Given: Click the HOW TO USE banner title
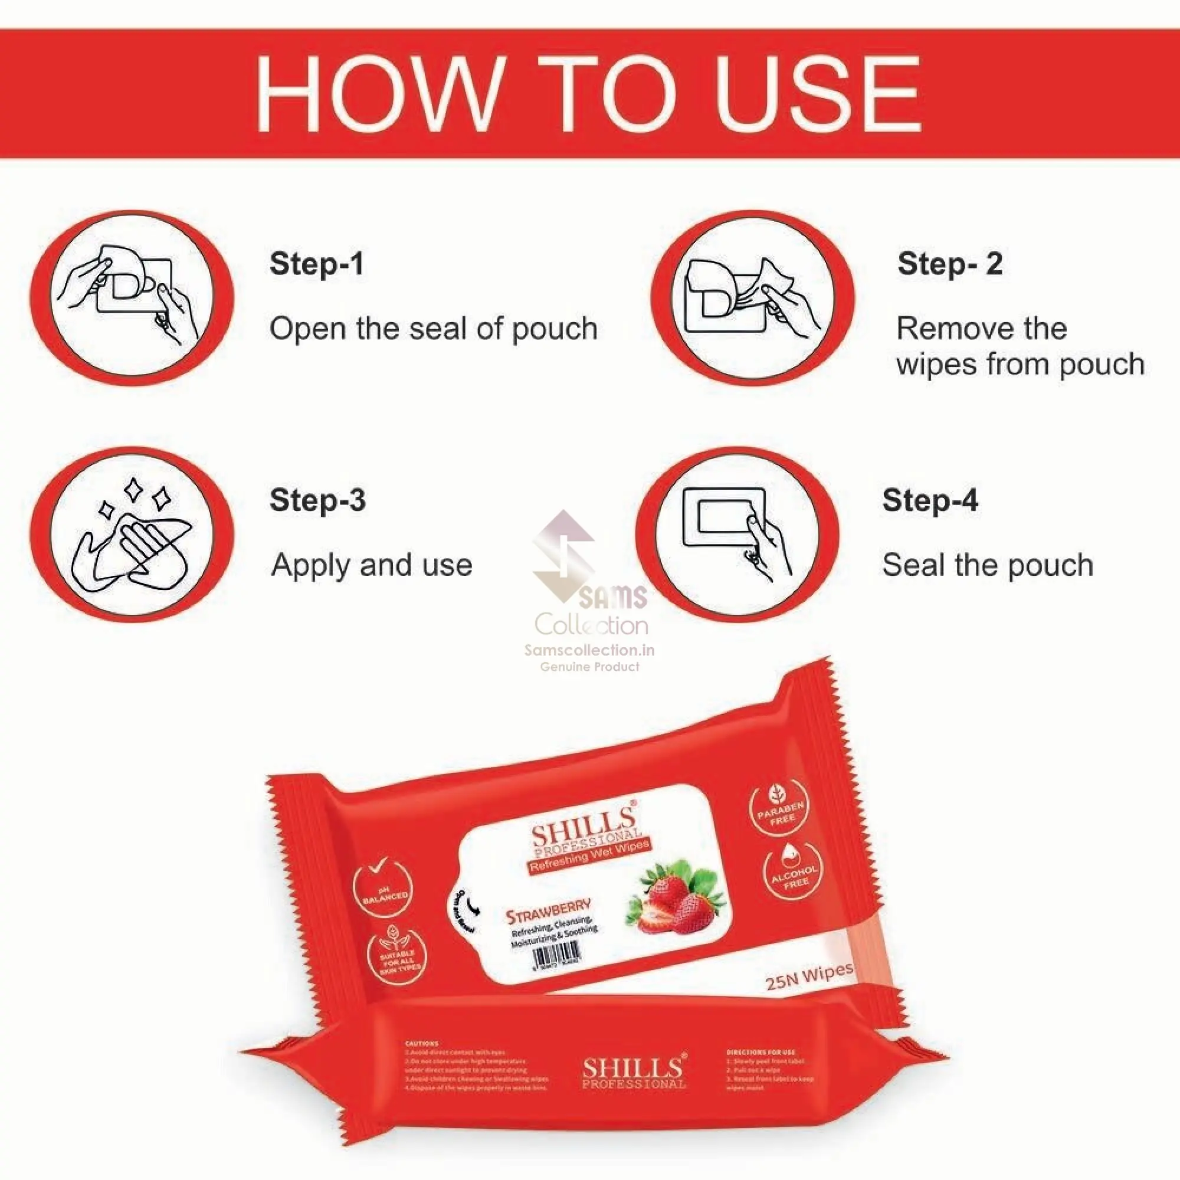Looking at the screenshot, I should click(588, 93).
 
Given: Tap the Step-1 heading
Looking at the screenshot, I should click(316, 264).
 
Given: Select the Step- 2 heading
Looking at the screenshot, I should click(950, 264).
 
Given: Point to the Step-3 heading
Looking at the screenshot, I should click(317, 500).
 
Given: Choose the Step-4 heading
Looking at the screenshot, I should click(930, 500).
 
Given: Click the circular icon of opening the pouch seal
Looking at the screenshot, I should click(132, 298).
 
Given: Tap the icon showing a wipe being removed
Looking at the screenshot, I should click(752, 298).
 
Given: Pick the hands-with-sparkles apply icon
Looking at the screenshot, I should click(132, 535).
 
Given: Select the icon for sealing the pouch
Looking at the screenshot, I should click(737, 535).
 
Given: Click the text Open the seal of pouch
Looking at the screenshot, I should click(434, 329).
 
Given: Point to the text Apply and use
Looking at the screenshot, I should click(372, 565).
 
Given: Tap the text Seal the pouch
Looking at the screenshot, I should click(988, 565).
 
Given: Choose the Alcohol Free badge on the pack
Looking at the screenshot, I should click(794, 870).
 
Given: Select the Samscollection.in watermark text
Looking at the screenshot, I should click(589, 650).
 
